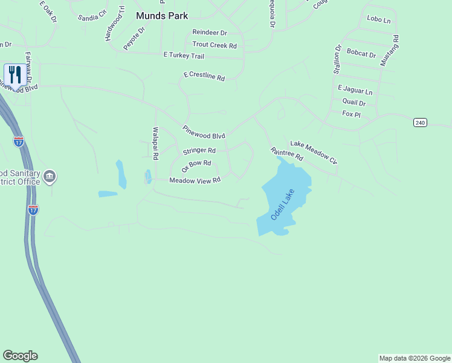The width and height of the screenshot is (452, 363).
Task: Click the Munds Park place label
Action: [161, 16]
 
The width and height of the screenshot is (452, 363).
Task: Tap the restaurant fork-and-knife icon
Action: [15, 75]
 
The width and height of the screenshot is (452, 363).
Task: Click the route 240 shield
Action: [420, 122]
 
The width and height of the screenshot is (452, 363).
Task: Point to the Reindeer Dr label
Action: [210, 32]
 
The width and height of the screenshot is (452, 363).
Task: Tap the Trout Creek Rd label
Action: [215, 45]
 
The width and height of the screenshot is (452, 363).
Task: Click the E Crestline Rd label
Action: [204, 77]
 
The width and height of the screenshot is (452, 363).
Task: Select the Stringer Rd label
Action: [199, 150]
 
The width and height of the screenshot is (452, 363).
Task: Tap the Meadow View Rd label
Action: [195, 180]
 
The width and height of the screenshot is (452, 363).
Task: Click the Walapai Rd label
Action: [155, 143]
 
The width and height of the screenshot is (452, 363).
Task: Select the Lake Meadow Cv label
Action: [313, 152]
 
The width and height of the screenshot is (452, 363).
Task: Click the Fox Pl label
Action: [351, 114]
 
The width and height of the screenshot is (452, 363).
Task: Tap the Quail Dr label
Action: [354, 102]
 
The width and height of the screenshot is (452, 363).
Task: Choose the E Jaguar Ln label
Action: [355, 90]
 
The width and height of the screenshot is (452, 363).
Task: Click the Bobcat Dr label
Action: [361, 53]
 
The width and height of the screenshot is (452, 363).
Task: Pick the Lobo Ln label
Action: [379, 19]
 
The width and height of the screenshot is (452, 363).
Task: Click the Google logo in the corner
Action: [20, 356]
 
